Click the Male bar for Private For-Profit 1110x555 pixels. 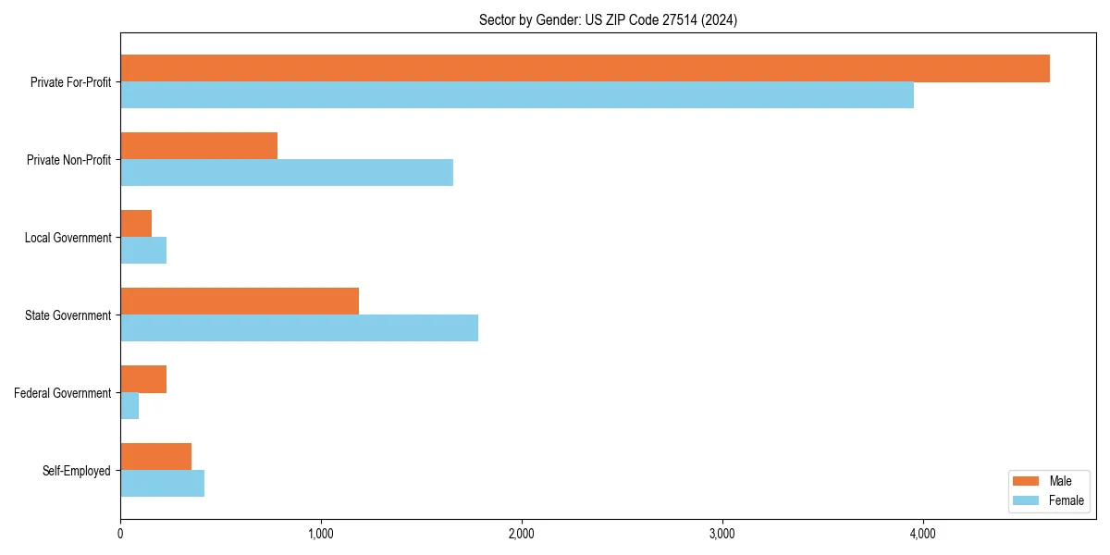(x=585, y=68)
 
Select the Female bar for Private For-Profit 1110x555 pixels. (x=517, y=95)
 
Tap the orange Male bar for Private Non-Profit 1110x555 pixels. (x=199, y=146)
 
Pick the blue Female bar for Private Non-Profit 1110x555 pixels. (x=287, y=173)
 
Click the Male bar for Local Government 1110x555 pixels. (x=136, y=224)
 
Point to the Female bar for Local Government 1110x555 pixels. (x=143, y=251)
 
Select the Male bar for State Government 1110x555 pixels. (x=240, y=302)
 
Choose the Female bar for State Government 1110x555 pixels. (x=299, y=328)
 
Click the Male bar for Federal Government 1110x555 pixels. (x=143, y=379)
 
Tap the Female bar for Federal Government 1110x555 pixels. (x=129, y=406)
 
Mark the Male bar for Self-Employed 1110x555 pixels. (x=155, y=457)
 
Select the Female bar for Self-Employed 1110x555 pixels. (x=162, y=484)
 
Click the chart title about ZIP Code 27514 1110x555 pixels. (x=608, y=19)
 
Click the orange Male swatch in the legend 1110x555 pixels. (x=1027, y=481)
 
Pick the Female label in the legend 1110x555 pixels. (x=1067, y=500)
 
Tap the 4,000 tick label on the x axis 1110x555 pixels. (x=923, y=534)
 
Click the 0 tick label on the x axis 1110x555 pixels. (x=120, y=534)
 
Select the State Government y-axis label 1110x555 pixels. (x=68, y=315)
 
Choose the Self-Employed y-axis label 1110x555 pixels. (x=76, y=471)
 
